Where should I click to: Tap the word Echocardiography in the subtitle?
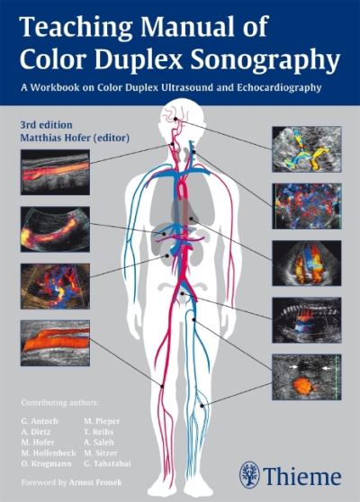[x=279, y=87]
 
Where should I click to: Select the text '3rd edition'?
[x=46, y=124]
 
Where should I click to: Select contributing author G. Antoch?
[x=40, y=421]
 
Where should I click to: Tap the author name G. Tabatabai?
[x=107, y=463]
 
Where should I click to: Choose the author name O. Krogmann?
[x=46, y=463]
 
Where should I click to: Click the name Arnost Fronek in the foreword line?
[x=95, y=482]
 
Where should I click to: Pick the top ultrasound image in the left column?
[x=55, y=172]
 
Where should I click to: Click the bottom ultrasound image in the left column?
[x=55, y=343]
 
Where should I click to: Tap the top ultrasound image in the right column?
[x=307, y=149]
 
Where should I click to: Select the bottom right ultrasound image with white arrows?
[x=307, y=377]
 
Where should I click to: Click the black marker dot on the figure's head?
[x=175, y=119]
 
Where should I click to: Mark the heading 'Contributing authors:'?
[x=60, y=403]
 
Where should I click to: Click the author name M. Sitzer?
[x=101, y=453]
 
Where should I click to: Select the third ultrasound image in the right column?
[x=307, y=263]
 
